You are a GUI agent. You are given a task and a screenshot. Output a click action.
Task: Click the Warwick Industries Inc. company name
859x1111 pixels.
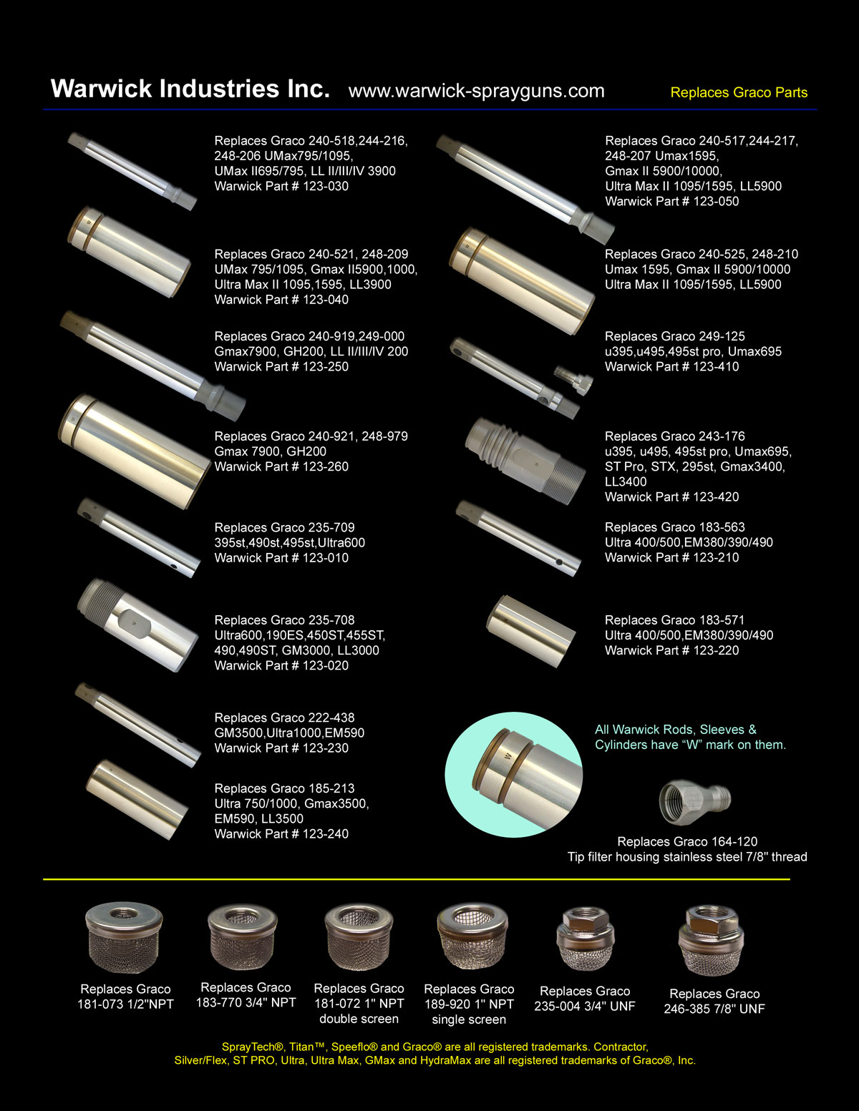(190, 89)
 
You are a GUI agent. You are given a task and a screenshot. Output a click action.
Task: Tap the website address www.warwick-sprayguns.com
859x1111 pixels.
(476, 91)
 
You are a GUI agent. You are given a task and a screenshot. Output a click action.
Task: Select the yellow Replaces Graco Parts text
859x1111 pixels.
(739, 92)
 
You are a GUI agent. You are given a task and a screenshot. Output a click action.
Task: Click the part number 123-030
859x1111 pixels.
(326, 186)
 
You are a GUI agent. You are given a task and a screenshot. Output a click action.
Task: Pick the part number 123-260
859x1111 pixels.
(326, 467)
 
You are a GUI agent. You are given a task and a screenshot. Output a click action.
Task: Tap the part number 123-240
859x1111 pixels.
(326, 834)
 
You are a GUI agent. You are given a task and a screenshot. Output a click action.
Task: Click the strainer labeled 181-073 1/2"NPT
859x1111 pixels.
(124, 938)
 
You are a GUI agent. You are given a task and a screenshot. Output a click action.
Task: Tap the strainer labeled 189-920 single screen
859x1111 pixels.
(472, 936)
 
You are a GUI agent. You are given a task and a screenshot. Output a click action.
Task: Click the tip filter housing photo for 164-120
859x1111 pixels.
(695, 802)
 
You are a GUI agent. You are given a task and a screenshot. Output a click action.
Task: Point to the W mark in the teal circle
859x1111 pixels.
(508, 755)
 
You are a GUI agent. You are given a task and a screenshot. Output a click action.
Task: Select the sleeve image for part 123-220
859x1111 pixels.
(530, 631)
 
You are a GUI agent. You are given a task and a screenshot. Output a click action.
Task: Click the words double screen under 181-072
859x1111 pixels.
(359, 1019)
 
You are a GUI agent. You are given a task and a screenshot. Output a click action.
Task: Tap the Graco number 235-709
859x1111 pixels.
(331, 528)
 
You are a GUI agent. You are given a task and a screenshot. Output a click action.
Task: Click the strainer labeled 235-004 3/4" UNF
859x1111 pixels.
(585, 938)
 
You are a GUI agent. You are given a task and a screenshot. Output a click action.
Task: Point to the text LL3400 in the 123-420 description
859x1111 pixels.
(626, 481)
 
